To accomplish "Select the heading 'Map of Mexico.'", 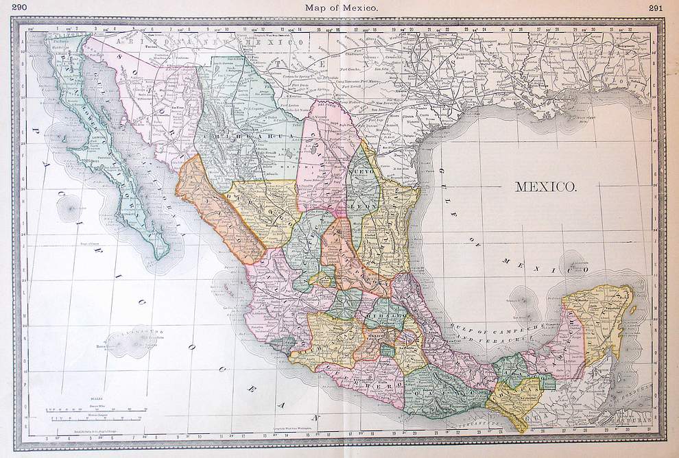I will coord(339,8).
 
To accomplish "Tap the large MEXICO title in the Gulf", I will coord(545,186).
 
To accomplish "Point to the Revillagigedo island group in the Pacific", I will coord(130,341).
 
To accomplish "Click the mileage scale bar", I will coord(96,411).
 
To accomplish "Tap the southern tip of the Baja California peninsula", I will coord(160,258).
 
